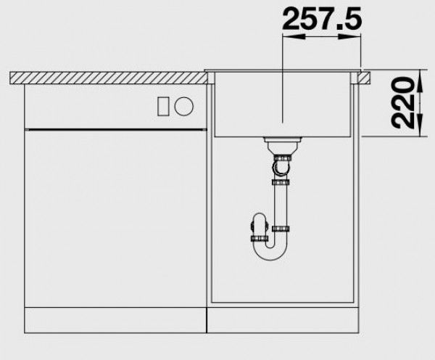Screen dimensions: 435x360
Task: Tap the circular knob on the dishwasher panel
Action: (x=183, y=106)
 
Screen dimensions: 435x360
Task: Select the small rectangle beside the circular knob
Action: (x=163, y=106)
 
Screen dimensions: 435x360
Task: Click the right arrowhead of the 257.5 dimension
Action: (x=349, y=37)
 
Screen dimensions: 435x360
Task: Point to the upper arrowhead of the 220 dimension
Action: (x=420, y=81)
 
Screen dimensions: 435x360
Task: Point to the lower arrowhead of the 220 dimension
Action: (x=420, y=125)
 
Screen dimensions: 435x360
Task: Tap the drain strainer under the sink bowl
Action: (x=282, y=143)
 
